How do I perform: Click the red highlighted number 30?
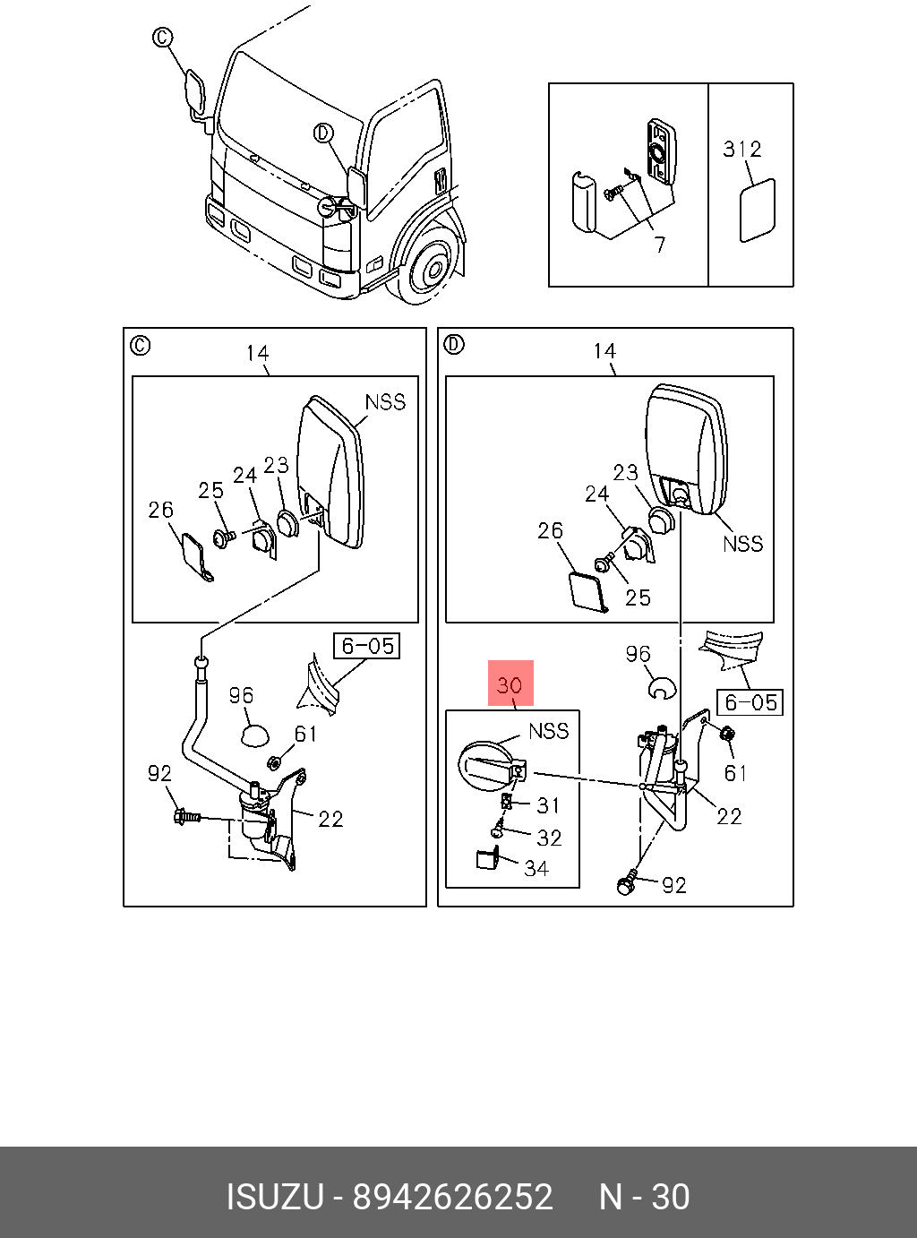coord(510,685)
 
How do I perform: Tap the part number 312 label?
coord(742,149)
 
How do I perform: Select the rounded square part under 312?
coord(757,211)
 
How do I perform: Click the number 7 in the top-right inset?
coord(659,245)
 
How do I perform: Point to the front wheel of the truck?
coord(433,266)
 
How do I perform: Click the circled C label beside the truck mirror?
coord(162,38)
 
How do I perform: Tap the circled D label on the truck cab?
coord(324,133)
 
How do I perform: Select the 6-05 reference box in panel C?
coord(367,646)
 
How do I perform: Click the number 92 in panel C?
coord(159,772)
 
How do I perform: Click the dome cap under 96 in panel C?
coord(255,734)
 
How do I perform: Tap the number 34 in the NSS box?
coord(536,868)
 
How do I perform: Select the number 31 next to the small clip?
coord(548,805)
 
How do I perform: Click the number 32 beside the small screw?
coord(549,838)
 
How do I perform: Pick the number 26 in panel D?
coord(551,531)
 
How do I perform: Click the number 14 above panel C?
coord(257,354)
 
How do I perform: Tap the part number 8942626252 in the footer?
coord(452,1198)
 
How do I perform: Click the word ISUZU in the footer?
coord(274,1198)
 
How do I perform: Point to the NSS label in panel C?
coord(385,402)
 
